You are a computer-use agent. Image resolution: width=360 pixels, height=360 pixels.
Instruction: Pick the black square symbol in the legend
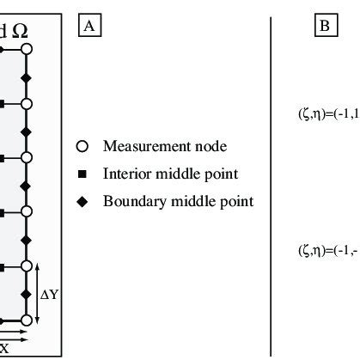[82, 174]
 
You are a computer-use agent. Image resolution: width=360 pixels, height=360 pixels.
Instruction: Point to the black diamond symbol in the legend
[82, 203]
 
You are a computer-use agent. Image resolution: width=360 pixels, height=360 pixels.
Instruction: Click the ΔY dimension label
[50, 295]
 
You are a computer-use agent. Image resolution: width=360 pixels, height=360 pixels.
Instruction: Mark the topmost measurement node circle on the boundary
[27, 51]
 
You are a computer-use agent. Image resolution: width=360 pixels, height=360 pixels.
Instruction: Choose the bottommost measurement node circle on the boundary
[27, 320]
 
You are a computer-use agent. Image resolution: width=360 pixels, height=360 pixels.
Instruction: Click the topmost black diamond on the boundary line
[27, 77]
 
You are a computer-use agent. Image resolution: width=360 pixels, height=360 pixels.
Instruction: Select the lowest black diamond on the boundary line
[27, 293]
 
